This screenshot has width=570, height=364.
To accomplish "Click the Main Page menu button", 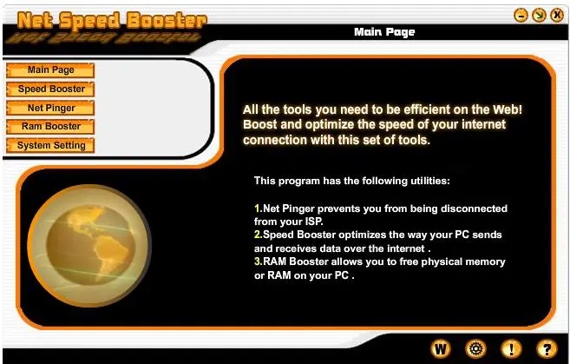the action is tap(50, 70).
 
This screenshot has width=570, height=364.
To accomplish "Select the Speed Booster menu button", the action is tap(50, 89).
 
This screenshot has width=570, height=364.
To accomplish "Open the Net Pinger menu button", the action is tap(50, 108).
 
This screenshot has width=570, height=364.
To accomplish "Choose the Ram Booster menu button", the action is tap(50, 127).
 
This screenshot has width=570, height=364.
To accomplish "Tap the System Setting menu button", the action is tap(50, 146).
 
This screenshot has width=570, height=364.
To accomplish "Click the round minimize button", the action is tap(521, 16).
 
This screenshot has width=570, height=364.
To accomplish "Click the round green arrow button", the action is tap(539, 16).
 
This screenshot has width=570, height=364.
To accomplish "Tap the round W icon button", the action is tap(441, 349).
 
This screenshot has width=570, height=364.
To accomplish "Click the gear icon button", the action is tap(475, 349).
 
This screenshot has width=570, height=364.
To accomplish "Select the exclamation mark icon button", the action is tap(511, 349).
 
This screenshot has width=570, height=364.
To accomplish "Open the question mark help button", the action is tap(547, 349).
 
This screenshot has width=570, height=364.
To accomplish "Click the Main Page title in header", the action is tap(384, 32).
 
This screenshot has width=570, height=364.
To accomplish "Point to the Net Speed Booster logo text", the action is tap(112, 20).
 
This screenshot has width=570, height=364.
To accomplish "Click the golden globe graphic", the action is tap(89, 246).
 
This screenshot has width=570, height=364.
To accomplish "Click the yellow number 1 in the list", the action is tap(258, 208).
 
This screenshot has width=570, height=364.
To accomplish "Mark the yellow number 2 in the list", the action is tap(258, 235).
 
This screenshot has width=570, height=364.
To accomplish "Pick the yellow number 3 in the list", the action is tap(258, 261).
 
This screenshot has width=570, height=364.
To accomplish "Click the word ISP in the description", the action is tap(313, 222).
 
